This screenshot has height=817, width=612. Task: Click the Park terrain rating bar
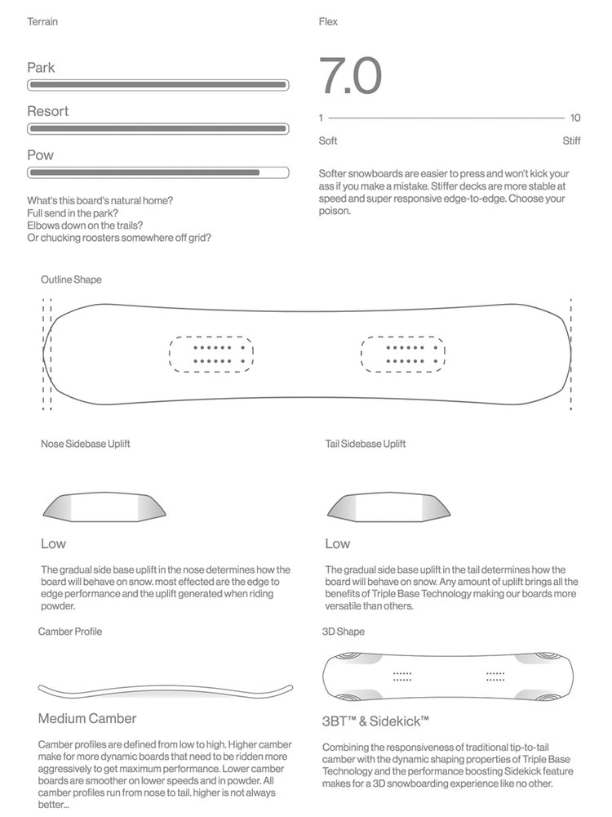[157, 84]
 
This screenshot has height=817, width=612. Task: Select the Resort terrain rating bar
[157, 128]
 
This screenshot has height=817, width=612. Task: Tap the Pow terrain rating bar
[157, 172]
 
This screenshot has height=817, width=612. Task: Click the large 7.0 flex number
[350, 76]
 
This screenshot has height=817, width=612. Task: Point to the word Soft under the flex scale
[328, 141]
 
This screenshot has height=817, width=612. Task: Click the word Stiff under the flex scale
[571, 141]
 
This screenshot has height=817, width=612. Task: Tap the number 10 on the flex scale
[575, 118]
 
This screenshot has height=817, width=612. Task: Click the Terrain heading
[42, 21]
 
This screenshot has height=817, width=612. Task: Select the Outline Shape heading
[71, 279]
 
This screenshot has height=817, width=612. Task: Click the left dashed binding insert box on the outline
[211, 354]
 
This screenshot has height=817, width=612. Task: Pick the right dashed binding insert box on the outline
[402, 354]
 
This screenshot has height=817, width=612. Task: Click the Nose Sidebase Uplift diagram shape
[104, 507]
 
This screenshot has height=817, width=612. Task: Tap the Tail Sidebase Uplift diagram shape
[388, 507]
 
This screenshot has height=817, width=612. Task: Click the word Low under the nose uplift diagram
[53, 543]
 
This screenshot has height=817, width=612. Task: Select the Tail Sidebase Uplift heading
[365, 444]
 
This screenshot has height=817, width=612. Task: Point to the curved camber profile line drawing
[166, 689]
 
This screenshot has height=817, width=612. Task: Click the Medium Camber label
[87, 719]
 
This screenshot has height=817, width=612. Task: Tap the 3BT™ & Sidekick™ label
[375, 721]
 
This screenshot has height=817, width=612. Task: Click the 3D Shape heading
[344, 632]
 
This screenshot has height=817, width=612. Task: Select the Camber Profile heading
[70, 632]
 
